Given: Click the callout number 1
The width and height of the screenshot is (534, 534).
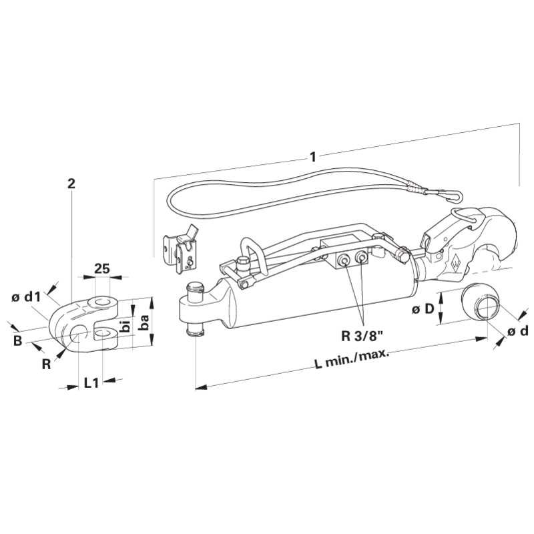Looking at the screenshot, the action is (312, 157).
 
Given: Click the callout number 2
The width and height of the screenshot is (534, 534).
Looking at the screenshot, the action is (71, 184).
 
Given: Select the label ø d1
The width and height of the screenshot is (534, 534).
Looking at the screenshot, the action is (26, 297).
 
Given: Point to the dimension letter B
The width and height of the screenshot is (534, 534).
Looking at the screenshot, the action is (18, 340).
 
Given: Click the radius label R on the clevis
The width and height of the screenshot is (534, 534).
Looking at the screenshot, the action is (46, 364).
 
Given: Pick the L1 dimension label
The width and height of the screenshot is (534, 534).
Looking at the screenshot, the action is (91, 383).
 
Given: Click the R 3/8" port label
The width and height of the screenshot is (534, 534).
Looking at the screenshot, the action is (362, 336).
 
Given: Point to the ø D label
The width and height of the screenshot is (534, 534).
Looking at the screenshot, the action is (423, 309).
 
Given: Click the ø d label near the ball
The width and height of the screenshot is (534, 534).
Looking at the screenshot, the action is (518, 330).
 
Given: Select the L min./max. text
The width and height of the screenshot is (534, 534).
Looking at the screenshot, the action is (351, 359).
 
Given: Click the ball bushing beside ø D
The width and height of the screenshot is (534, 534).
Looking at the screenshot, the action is (481, 302).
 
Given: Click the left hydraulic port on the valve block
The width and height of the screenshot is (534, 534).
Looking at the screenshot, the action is (342, 261).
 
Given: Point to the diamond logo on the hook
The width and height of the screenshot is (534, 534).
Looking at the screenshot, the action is (455, 263).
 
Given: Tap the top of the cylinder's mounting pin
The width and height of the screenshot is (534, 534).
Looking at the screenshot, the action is (195, 286).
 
